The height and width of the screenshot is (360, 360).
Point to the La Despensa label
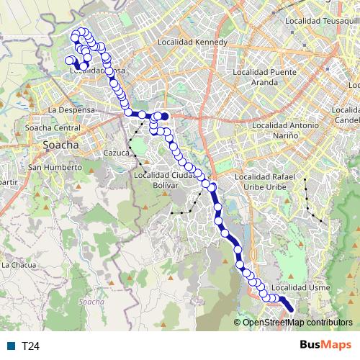coord(71,109)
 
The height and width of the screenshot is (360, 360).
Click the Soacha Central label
coord(53,127)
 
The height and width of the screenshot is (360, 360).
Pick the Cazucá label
coord(115,153)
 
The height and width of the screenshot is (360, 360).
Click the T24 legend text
coord(30,346)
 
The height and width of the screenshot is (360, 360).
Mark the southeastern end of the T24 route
coord(292,311)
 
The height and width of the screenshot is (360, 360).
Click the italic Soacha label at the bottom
coord(91,302)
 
